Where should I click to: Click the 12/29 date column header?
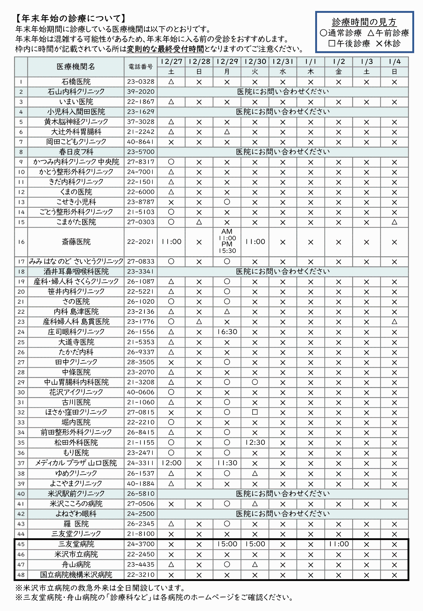click(x=227, y=62)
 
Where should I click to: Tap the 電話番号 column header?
click(x=140, y=67)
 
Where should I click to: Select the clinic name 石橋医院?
click(x=76, y=82)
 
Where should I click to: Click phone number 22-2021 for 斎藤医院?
click(x=140, y=242)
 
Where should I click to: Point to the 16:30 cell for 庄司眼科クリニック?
click(x=227, y=332)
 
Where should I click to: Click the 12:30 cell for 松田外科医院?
click(x=255, y=442)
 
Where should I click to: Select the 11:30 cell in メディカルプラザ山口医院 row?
click(x=227, y=463)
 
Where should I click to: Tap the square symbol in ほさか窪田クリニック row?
click(x=255, y=412)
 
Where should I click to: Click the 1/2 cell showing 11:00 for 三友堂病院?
click(x=338, y=544)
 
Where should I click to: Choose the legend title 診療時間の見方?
click(x=364, y=22)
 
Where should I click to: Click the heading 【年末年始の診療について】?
click(x=71, y=19)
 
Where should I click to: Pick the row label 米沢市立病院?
click(x=76, y=554)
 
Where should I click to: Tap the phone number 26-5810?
click(x=140, y=493)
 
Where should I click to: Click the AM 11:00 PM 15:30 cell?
click(x=227, y=241)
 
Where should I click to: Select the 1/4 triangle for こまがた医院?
click(x=394, y=222)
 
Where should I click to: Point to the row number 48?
click(x=21, y=575)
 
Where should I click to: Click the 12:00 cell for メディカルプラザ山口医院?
click(x=171, y=463)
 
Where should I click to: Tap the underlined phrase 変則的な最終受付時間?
click(x=165, y=49)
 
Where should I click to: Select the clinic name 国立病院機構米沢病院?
click(x=76, y=575)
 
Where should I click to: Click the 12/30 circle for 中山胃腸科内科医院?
click(x=255, y=382)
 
